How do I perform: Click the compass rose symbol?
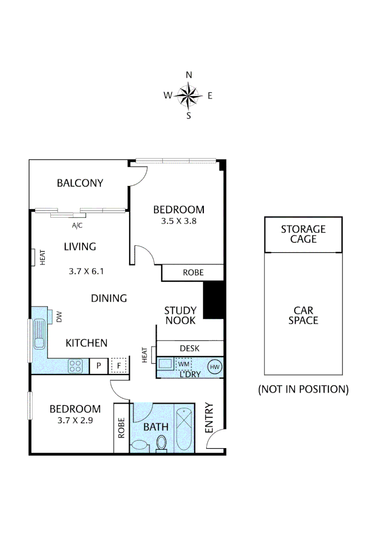(188, 96)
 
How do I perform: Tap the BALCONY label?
(80, 183)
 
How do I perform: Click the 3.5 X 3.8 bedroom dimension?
(179, 221)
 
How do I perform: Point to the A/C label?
(77, 226)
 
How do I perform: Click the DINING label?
(109, 298)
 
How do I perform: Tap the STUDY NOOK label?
(180, 315)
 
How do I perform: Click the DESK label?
(189, 348)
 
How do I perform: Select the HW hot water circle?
(215, 366)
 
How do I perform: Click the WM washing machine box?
(184, 365)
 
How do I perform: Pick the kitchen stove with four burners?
(76, 366)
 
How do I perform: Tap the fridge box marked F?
(118, 366)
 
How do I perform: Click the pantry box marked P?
(98, 366)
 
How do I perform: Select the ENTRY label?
(209, 419)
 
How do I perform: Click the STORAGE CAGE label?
(303, 234)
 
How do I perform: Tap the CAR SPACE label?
(303, 315)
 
